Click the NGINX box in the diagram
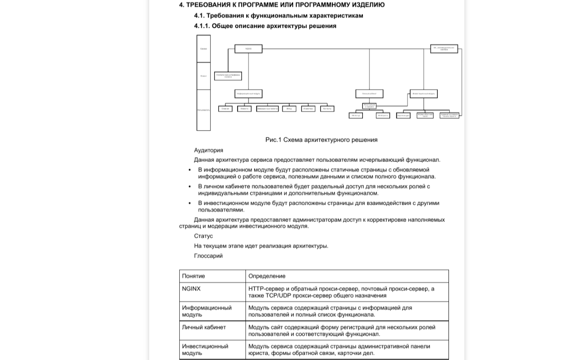click(x=248, y=49)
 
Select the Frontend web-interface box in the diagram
click(x=228, y=76)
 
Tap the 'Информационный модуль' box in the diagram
click(x=248, y=94)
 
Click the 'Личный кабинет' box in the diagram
click(x=369, y=94)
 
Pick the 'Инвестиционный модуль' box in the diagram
click(x=424, y=94)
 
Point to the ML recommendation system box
click(x=444, y=49)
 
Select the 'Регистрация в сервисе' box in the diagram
click(x=369, y=106)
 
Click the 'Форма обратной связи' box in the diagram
click(x=425, y=116)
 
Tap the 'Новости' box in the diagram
click(x=244, y=109)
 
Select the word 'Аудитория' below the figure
click(x=208, y=150)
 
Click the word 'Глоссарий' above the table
click(x=208, y=256)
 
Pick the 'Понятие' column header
click(x=193, y=276)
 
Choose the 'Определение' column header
click(x=267, y=276)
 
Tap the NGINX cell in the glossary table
click(x=191, y=289)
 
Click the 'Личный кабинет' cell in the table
click(x=204, y=327)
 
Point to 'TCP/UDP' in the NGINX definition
click(x=277, y=296)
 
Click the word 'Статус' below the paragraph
click(x=203, y=236)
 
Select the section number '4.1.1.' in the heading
click(x=202, y=26)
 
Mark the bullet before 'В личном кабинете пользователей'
click(x=190, y=187)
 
